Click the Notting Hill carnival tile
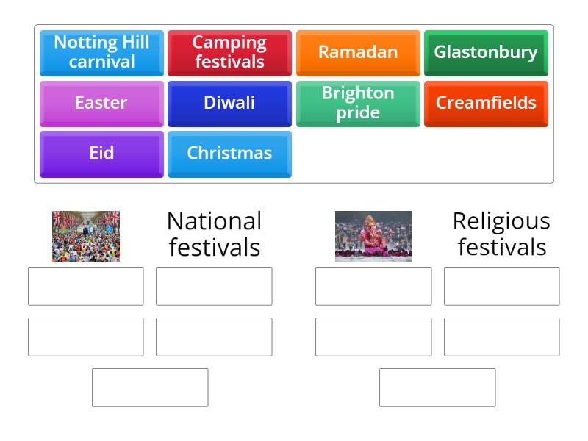click(101, 52)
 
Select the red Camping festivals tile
click(229, 52)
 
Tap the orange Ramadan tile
click(358, 52)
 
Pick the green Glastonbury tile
click(486, 52)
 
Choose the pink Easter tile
click(101, 103)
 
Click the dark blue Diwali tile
click(229, 103)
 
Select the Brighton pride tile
click(358, 103)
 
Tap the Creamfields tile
click(486, 103)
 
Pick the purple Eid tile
click(101, 154)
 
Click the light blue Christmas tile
click(229, 154)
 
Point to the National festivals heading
click(214, 234)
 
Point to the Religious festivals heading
click(501, 234)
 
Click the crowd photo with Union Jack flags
click(86, 236)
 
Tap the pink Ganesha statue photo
click(373, 236)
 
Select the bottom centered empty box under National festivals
click(150, 387)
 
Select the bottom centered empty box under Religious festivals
click(437, 387)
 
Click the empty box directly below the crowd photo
click(86, 286)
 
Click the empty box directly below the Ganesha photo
click(373, 286)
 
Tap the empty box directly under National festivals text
click(214, 286)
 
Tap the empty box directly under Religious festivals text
click(501, 286)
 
